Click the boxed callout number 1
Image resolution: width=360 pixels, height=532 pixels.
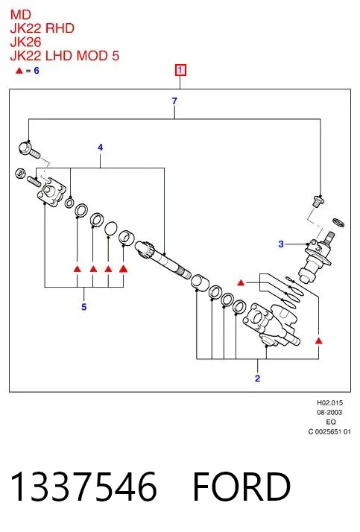coord(180,70)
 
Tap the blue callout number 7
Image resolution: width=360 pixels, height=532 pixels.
coord(174,101)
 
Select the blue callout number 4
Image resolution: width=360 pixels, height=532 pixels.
coord(100,148)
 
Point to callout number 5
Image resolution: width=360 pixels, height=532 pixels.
coord(83,307)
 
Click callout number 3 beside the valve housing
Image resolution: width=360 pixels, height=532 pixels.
coord(281,244)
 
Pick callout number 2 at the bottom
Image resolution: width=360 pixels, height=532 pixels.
coord(257,379)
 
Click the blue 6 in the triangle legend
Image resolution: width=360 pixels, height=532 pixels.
coord(37,71)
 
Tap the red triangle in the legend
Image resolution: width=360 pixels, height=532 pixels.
coord(19,71)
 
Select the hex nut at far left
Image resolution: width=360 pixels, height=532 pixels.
coord(20,174)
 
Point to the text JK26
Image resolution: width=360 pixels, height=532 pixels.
coord(25,42)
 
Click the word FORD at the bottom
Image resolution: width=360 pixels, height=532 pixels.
coord(241,487)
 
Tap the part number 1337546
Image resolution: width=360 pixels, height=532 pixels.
coord(83,487)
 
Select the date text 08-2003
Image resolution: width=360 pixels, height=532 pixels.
coord(329,413)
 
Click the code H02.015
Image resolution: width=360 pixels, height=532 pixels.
coord(329,403)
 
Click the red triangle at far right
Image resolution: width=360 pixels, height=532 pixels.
coord(318,341)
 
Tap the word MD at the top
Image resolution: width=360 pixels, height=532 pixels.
coord(21,15)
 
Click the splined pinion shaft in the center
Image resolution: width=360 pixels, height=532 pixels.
coord(163,259)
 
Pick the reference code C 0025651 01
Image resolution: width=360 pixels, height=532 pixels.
coord(329,432)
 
